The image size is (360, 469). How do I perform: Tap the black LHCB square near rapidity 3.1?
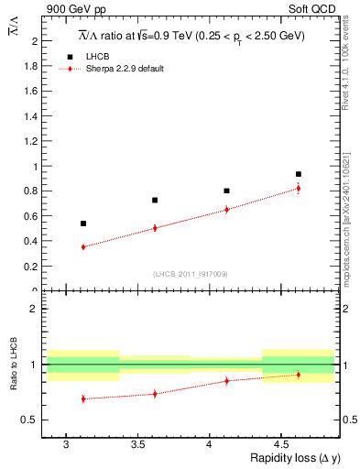tap(83, 224)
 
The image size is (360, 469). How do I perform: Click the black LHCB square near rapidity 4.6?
tap(299, 174)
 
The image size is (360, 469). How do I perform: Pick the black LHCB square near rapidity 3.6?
tap(155, 200)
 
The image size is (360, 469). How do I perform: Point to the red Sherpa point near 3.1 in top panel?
tap(83, 247)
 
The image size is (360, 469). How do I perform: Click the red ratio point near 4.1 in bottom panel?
tap(226, 381)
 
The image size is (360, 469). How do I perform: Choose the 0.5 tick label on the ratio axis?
tap(30, 420)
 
